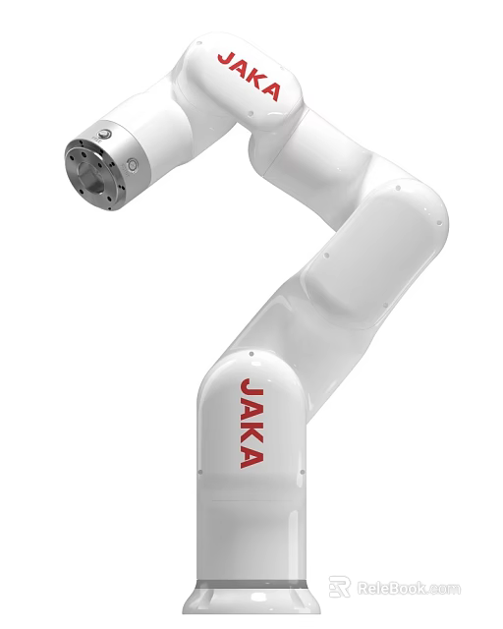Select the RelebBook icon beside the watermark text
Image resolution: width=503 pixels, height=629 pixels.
click(340, 588)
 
